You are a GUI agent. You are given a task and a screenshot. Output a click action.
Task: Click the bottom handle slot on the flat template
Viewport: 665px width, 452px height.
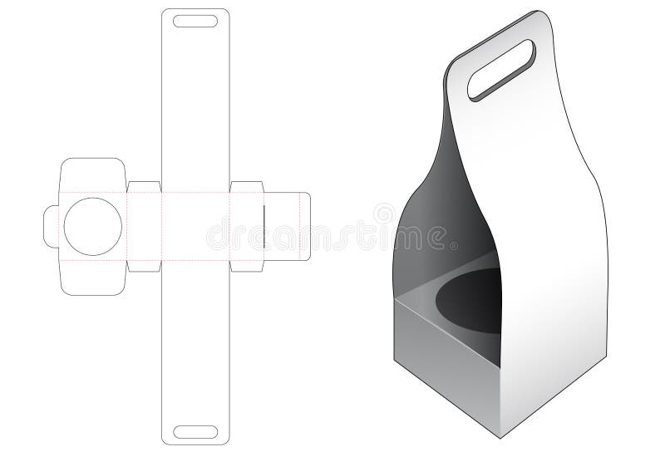[x=193, y=431]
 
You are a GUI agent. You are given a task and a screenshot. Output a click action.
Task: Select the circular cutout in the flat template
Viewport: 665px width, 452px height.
[x=92, y=227]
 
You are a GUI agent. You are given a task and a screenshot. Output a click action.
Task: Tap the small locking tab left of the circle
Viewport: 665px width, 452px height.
[x=52, y=227]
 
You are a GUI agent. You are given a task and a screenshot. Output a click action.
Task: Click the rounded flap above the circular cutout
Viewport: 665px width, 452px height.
[x=92, y=174]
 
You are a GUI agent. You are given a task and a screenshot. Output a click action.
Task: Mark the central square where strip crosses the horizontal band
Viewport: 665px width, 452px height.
[x=193, y=227]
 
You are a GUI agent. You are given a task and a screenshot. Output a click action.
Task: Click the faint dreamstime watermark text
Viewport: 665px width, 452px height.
[x=332, y=235]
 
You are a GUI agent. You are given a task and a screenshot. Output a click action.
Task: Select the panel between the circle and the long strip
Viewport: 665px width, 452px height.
[x=142, y=227]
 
